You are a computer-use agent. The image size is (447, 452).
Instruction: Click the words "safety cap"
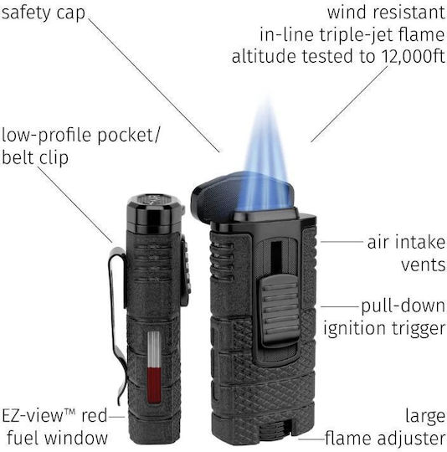(x=44, y=13)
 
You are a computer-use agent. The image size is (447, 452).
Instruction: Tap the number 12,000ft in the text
(x=413, y=56)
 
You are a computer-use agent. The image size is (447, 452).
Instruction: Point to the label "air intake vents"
(x=406, y=254)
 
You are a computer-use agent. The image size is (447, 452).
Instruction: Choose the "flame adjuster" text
(x=385, y=439)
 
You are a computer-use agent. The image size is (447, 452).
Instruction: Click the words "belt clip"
(x=35, y=157)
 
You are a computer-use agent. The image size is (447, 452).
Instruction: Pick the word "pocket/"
(x=128, y=136)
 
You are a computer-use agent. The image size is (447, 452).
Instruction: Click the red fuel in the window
(x=154, y=385)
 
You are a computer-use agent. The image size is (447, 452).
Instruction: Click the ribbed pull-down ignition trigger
(x=280, y=310)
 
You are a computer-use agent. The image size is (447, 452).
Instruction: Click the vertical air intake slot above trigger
(x=276, y=258)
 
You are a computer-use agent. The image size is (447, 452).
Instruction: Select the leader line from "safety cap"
(x=155, y=85)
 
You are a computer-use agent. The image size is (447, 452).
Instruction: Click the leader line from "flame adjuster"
(x=312, y=439)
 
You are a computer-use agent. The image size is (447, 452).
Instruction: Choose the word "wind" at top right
(x=348, y=13)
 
